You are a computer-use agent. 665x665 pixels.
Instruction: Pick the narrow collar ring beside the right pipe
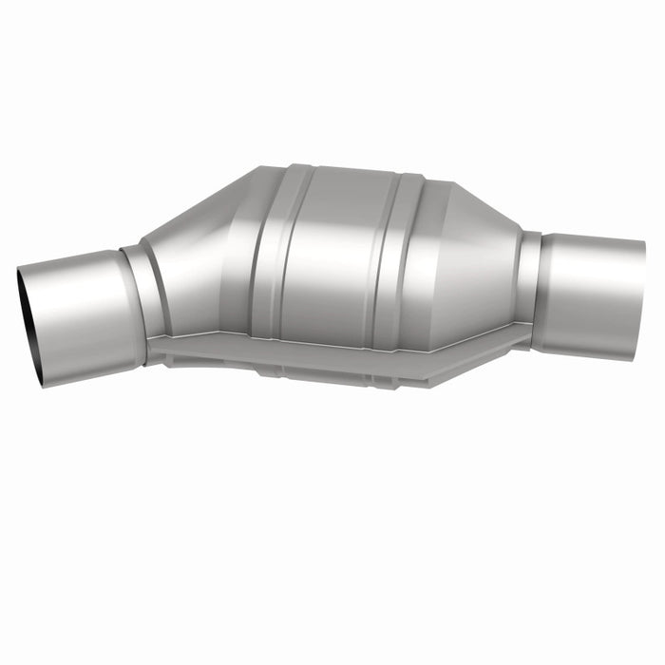coord(529,285)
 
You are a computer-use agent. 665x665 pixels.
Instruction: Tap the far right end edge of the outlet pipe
coord(641,290)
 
